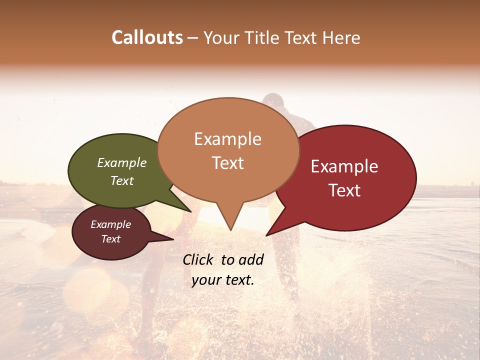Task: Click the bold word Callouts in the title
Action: [x=147, y=37]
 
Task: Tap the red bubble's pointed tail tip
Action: [x=267, y=235]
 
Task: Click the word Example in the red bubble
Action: [x=344, y=166]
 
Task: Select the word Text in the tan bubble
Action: [x=227, y=163]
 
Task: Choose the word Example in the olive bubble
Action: [x=122, y=163]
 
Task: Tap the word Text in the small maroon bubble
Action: [x=110, y=239]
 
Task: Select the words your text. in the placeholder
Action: [x=223, y=280]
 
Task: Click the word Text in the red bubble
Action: [x=345, y=190]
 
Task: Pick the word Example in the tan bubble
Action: [x=227, y=139]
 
